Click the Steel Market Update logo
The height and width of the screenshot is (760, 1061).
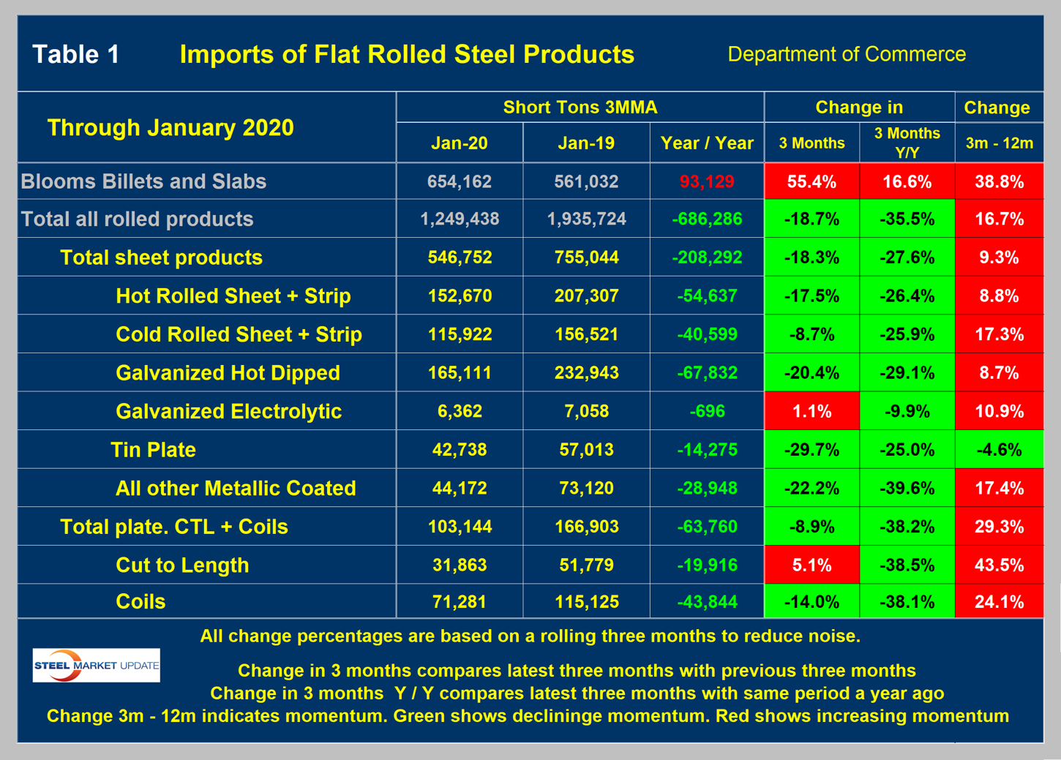[x=96, y=665]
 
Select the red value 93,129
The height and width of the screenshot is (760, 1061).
[x=706, y=181]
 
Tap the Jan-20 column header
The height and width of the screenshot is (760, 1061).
[x=459, y=143]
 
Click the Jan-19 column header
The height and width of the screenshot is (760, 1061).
[x=585, y=143]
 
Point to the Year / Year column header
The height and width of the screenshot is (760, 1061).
[x=706, y=143]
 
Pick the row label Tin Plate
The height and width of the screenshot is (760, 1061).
[x=153, y=450]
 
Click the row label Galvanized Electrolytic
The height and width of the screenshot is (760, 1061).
[x=228, y=411]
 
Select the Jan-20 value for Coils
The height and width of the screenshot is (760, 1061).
[x=459, y=602]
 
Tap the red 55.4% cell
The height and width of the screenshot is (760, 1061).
[x=811, y=181]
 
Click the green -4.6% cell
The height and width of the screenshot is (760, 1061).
[x=999, y=450]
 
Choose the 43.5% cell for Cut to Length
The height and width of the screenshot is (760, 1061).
[x=999, y=565]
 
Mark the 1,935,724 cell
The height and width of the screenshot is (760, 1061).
[x=585, y=219]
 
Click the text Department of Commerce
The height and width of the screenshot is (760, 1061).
[x=846, y=54]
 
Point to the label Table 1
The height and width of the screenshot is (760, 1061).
[x=76, y=54]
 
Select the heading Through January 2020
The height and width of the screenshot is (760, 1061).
[x=170, y=127]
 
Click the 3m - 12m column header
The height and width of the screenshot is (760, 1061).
[x=999, y=143]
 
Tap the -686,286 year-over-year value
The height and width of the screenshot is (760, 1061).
[x=706, y=219]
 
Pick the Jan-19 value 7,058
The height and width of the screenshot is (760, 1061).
[x=585, y=411]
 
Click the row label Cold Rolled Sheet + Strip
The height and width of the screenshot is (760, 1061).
[x=239, y=334]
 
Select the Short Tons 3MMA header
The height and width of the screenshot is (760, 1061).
[x=580, y=108]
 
